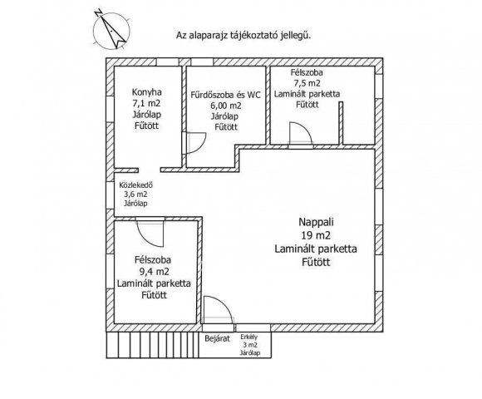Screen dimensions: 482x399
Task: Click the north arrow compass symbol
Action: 111,30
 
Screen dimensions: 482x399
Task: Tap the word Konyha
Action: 146,92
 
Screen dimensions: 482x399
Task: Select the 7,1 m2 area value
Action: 146,103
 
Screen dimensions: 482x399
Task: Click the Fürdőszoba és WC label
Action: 225,95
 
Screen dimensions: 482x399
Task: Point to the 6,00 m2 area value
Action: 226,106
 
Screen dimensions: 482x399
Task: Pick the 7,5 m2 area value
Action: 307,83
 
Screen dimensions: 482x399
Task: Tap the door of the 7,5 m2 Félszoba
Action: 301,133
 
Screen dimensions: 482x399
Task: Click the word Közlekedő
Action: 135,185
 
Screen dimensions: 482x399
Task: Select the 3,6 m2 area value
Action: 135,195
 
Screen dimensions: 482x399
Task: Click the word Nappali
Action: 316,222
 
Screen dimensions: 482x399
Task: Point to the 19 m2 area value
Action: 316,235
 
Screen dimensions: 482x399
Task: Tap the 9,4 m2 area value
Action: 154,272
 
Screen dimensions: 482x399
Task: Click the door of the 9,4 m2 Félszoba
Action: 150,234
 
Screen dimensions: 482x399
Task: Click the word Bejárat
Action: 218,339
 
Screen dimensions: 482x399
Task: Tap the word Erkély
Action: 249,337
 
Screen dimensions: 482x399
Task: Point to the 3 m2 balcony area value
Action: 250,345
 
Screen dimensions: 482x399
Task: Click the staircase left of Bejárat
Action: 152,345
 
